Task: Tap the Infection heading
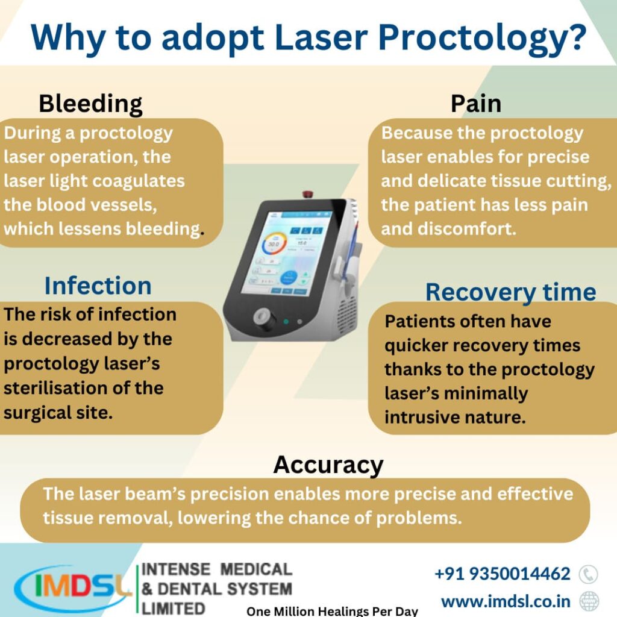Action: point(98,286)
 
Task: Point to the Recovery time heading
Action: point(510,292)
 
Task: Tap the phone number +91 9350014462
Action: point(502,574)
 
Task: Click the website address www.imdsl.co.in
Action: point(507,601)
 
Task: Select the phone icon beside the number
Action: point(588,574)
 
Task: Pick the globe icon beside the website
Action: point(589,601)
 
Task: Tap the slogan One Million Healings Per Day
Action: point(332,611)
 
